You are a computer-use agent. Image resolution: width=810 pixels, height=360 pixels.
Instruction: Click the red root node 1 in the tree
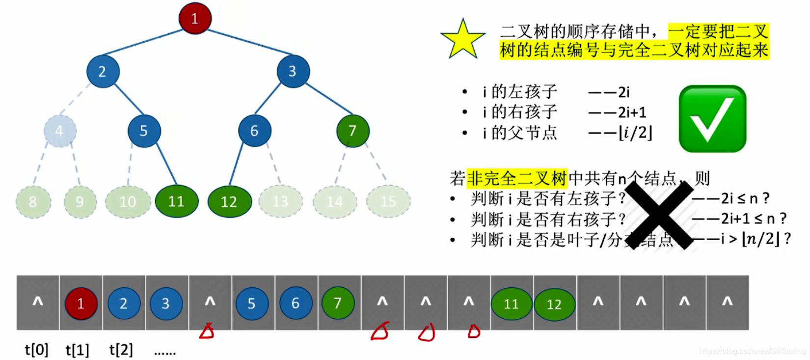click(195, 19)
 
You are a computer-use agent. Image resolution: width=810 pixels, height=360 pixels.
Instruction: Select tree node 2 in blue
click(103, 72)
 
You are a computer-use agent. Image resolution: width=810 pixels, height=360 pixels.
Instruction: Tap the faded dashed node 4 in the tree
click(60, 131)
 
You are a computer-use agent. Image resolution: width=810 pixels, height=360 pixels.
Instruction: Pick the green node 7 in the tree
click(352, 131)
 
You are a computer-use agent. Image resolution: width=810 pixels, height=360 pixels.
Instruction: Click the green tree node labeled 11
click(176, 201)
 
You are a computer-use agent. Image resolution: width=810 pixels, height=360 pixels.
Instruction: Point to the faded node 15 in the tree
click(388, 201)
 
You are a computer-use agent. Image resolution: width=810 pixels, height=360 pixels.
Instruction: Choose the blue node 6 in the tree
click(254, 131)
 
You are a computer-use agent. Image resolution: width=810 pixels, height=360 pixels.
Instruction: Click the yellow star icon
click(462, 39)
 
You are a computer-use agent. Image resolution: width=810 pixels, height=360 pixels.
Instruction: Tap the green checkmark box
click(712, 119)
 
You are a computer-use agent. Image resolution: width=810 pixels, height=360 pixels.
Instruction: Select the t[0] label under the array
click(37, 350)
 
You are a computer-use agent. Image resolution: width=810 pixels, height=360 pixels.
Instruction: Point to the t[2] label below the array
click(121, 350)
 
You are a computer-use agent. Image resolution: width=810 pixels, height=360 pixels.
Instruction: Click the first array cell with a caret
click(38, 303)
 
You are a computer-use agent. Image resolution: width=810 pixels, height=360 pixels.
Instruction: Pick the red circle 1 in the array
click(81, 304)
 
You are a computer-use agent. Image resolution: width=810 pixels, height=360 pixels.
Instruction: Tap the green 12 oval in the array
click(554, 305)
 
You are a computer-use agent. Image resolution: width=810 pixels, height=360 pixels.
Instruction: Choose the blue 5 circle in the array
click(252, 304)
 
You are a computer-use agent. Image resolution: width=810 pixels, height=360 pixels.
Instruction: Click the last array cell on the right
click(727, 303)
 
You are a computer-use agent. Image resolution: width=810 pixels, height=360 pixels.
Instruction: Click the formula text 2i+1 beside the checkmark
click(632, 112)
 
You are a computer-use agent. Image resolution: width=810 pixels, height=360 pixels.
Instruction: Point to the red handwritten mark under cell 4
click(207, 332)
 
